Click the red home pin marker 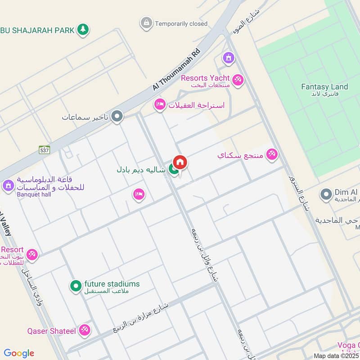(x=180, y=162)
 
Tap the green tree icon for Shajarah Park (x=82, y=30)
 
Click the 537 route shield (x=44, y=149)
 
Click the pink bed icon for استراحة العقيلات (x=159, y=105)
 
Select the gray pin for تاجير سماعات (x=117, y=117)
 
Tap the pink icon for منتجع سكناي (x=271, y=155)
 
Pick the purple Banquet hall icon (x=8, y=185)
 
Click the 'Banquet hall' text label (x=35, y=195)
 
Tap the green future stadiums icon (x=75, y=285)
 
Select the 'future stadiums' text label (x=112, y=284)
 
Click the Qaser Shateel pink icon (x=84, y=331)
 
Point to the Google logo (x=19, y=353)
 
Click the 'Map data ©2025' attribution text (x=336, y=355)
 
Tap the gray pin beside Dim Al (x=326, y=194)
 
